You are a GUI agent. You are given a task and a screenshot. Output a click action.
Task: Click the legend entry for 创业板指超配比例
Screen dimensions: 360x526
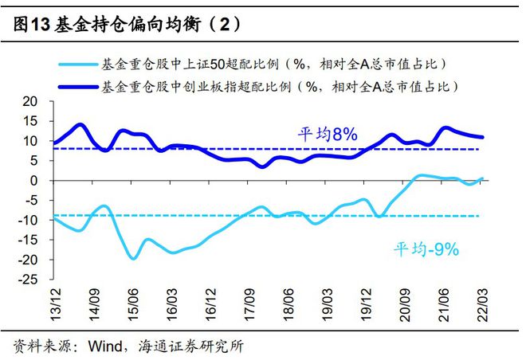(x=279, y=85)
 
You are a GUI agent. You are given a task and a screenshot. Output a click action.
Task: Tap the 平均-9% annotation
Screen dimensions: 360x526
(x=426, y=249)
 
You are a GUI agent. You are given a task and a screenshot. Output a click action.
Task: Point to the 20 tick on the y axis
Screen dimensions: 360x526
(x=30, y=102)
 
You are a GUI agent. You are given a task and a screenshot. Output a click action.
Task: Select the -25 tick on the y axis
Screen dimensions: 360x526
(x=28, y=280)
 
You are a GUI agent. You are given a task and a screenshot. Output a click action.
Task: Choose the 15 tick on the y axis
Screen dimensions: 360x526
(x=30, y=121)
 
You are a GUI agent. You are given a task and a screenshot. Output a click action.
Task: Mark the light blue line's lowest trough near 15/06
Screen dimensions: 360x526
(x=133, y=258)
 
